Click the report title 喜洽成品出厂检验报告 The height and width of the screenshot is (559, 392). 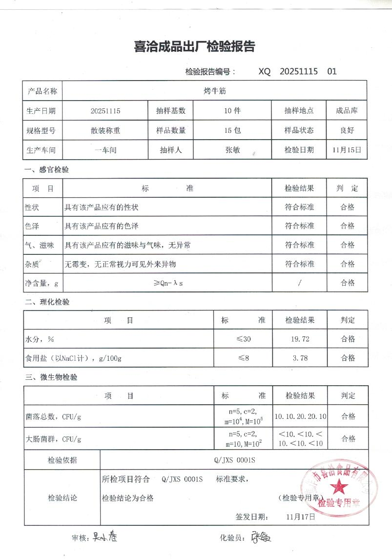point(194,47)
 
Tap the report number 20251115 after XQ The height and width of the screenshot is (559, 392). point(299,71)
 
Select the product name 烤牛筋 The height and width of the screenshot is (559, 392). point(214,91)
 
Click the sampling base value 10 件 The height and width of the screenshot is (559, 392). point(232,111)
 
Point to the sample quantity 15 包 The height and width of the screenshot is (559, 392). point(232,130)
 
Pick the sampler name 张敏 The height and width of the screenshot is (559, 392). point(232,150)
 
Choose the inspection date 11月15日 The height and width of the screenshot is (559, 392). point(347,150)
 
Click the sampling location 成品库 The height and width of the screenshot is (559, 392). point(347,111)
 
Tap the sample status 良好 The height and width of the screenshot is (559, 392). point(347,130)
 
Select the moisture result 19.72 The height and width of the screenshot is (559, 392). point(300,339)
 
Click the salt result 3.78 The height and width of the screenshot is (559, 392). point(300,358)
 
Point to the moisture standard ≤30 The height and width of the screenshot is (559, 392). point(243,339)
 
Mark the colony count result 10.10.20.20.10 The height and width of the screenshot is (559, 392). point(300,416)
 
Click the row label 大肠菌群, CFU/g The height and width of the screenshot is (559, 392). point(53,439)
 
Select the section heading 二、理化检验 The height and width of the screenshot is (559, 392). point(47,302)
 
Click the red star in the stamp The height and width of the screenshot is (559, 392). point(336,486)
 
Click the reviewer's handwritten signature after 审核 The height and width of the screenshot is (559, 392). point(104,537)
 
